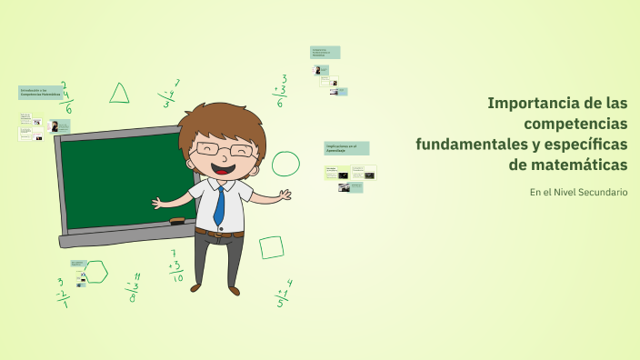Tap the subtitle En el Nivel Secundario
(578, 192)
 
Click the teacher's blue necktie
(219, 206)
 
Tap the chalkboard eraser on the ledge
(176, 221)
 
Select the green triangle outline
(119, 93)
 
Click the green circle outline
(285, 164)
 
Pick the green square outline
(271, 247)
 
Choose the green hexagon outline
(96, 271)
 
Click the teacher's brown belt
(219, 234)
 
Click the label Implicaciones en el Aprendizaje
(346, 146)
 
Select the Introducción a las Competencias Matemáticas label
(40, 93)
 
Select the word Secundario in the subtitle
(601, 192)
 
